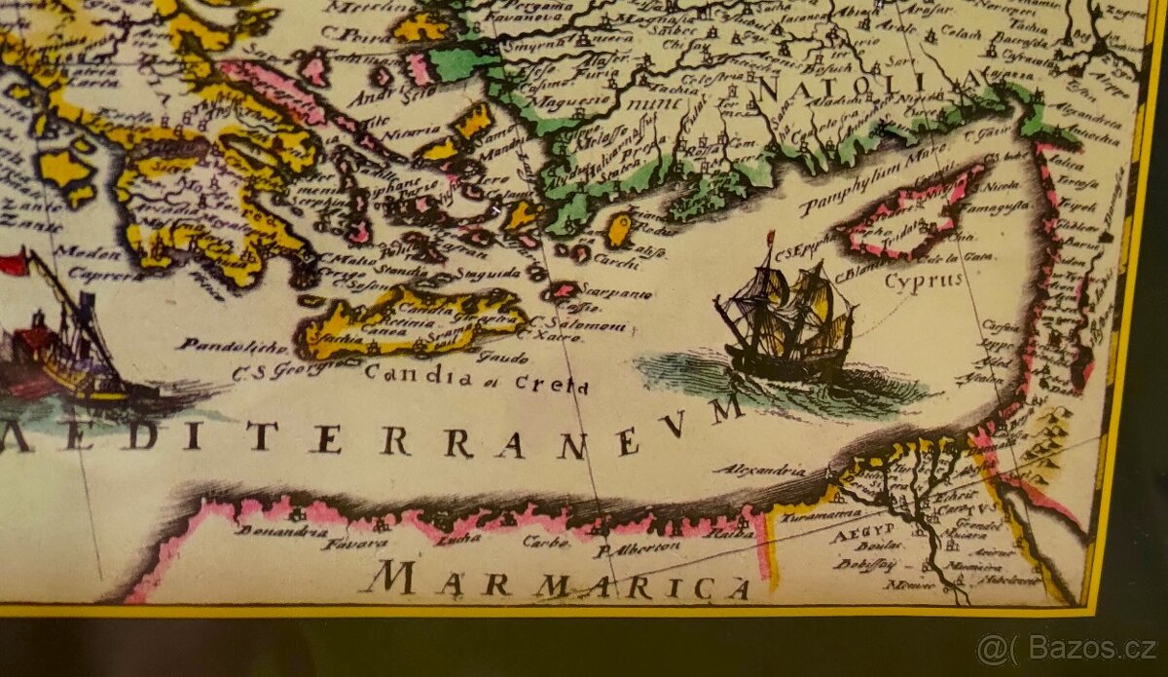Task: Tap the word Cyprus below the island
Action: coord(923,281)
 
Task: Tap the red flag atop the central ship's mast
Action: coord(770,236)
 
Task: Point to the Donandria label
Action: coord(269,532)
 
